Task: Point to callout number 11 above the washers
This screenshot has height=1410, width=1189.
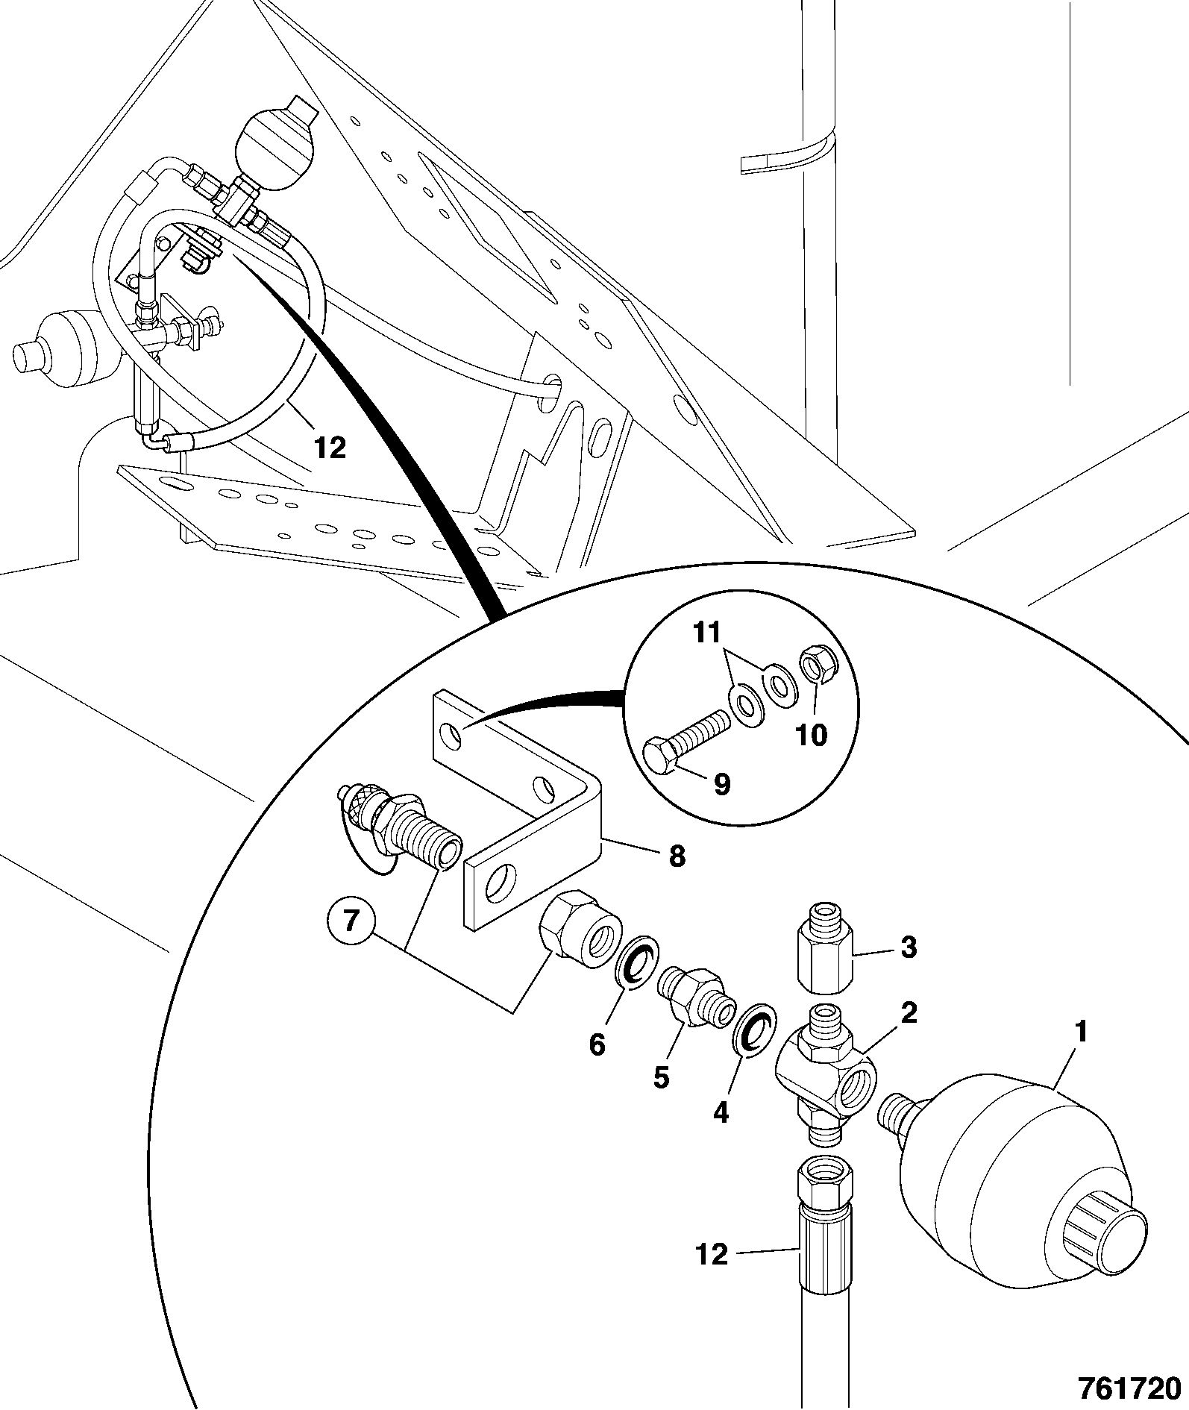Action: tap(708, 633)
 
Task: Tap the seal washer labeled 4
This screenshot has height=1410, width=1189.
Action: tap(756, 1033)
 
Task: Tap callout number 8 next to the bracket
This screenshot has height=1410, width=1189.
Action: tap(676, 856)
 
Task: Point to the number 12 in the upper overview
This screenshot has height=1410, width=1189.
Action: tap(330, 448)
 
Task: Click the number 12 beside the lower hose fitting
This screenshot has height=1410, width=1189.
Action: tap(713, 1254)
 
